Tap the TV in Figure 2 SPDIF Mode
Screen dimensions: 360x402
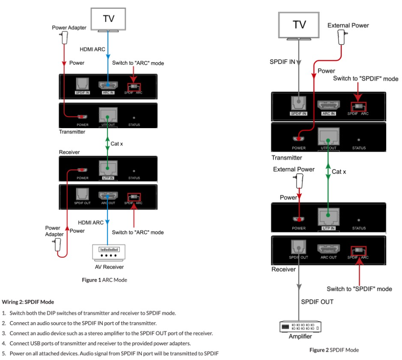point(299,25)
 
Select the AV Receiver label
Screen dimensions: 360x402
point(109,267)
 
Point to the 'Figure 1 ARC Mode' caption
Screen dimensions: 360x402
point(105,280)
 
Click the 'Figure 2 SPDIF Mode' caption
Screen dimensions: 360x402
point(334,350)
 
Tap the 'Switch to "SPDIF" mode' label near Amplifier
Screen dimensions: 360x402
point(360,289)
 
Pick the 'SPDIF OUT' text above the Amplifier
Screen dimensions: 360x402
point(317,302)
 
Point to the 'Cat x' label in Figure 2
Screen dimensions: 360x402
point(339,171)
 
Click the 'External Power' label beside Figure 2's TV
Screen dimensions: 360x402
point(348,25)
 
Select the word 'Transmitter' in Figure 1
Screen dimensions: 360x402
point(72,132)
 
